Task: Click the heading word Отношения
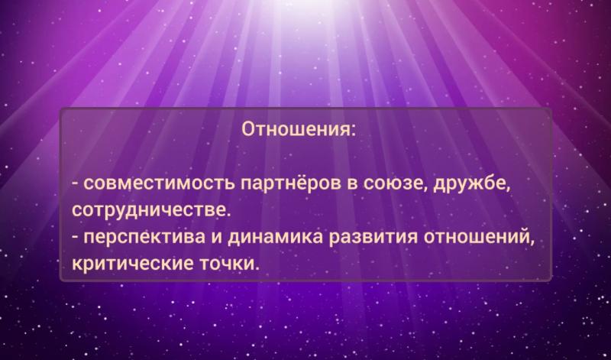click(296, 128)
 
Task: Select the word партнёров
click(291, 185)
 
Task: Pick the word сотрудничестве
click(148, 211)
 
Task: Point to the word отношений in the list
click(477, 237)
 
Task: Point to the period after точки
click(257, 270)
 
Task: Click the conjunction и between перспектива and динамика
click(216, 238)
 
